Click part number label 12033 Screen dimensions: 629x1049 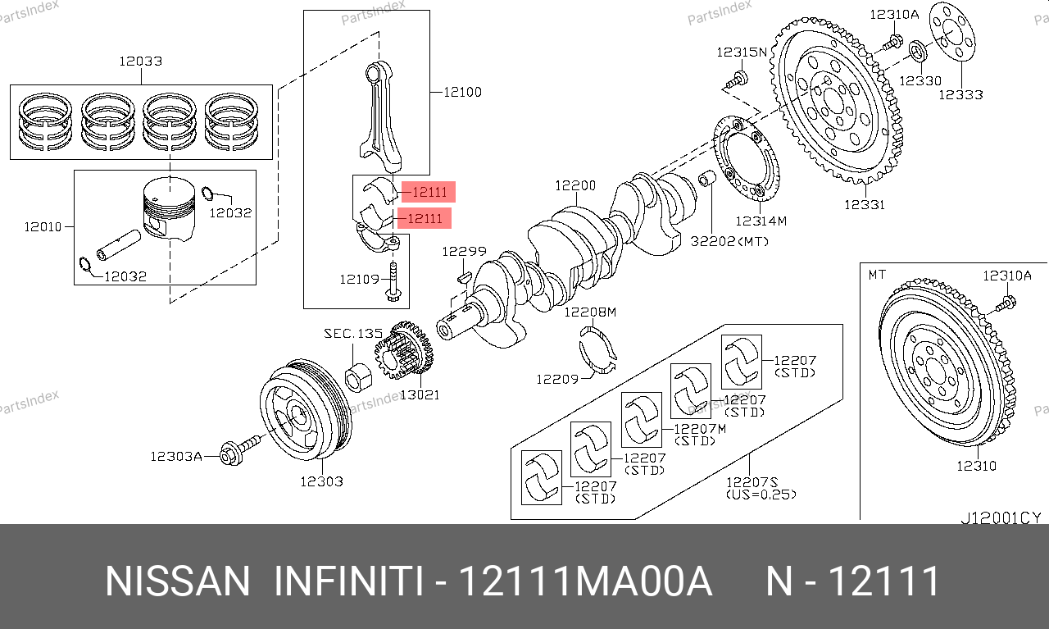[x=140, y=61]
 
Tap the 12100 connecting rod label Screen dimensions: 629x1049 [x=462, y=92]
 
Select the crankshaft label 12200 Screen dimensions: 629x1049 [x=575, y=186]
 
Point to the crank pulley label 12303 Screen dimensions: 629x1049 [x=321, y=481]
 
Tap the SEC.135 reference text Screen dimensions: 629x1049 [x=353, y=334]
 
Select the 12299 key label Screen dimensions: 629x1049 [x=464, y=252]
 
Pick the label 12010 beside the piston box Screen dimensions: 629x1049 [x=43, y=226]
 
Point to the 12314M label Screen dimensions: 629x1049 [x=761, y=221]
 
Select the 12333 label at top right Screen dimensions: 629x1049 [x=960, y=94]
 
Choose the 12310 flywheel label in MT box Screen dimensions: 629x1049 [x=976, y=466]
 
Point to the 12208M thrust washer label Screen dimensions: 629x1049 [x=589, y=312]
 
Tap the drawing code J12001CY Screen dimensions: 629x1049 [x=1001, y=518]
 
